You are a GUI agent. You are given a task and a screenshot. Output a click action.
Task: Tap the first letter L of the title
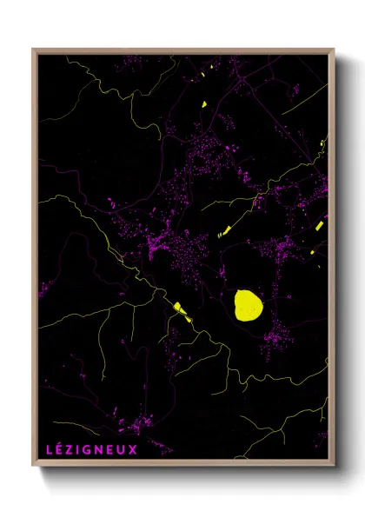(49, 449)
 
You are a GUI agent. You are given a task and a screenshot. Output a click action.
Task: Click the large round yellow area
(248, 305)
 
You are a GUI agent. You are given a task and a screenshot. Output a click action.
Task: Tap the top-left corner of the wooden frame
(34, 50)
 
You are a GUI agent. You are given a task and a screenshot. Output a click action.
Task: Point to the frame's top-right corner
(334, 50)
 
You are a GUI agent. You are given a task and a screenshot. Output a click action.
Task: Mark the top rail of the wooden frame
(182, 51)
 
